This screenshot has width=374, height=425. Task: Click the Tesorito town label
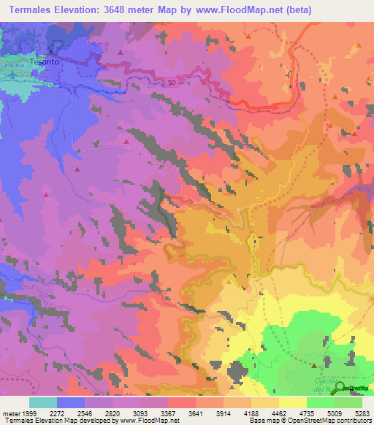44,62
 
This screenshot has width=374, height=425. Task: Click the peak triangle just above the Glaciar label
314,365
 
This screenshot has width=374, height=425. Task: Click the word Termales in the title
33,9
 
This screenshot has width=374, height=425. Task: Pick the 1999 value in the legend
27,413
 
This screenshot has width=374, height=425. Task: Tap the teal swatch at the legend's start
43,402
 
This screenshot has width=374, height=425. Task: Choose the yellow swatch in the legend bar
292,402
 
